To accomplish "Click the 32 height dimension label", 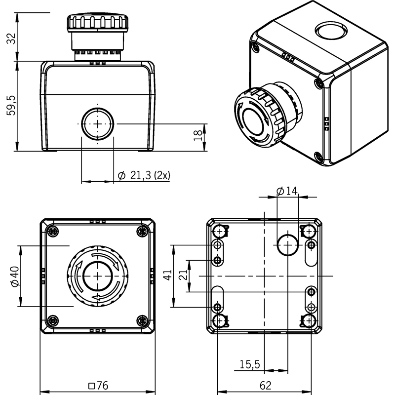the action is pyautogui.click(x=11, y=39).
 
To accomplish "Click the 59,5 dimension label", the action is pyautogui.click(x=11, y=105).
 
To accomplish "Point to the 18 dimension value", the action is pyautogui.click(x=198, y=135).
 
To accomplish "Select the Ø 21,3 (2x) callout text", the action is pyautogui.click(x=144, y=175).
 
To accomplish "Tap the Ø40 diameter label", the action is pyautogui.click(x=15, y=276).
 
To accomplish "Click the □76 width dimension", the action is pyautogui.click(x=98, y=386).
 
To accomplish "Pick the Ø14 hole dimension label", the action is pyautogui.click(x=287, y=191).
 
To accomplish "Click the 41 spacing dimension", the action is pyautogui.click(x=167, y=275).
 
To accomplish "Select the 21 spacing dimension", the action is pyautogui.click(x=183, y=275).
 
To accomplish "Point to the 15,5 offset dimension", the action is pyautogui.click(x=249, y=364).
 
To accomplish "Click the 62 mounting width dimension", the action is pyautogui.click(x=265, y=386).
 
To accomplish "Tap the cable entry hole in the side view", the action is pyautogui.click(x=98, y=124).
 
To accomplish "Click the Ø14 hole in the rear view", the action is pyautogui.click(x=288, y=244).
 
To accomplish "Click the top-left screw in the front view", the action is pyautogui.click(x=53, y=231).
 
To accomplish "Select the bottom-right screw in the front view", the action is pyautogui.click(x=142, y=320).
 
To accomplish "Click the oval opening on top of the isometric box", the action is pyautogui.click(x=331, y=31).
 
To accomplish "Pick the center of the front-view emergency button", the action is pyautogui.click(x=98, y=276).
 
